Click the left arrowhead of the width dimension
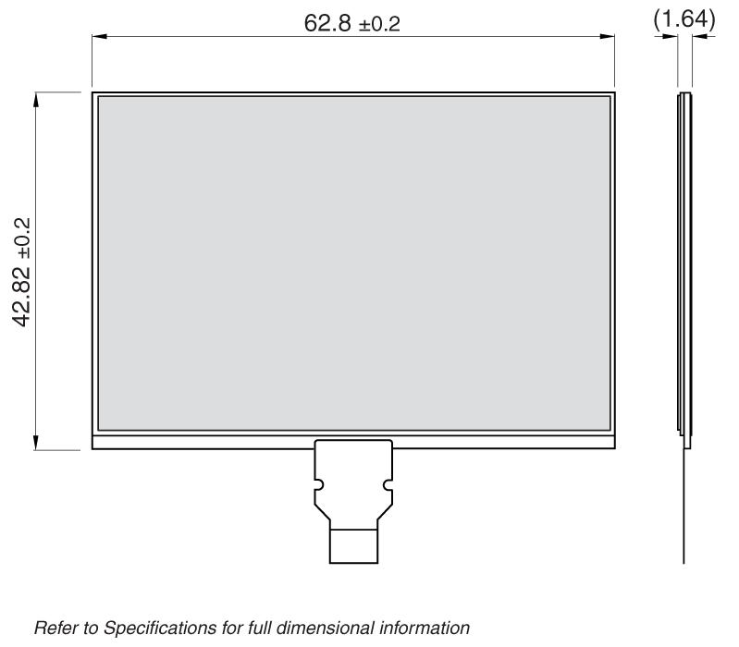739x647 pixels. coord(99,37)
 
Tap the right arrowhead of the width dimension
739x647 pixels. coord(608,37)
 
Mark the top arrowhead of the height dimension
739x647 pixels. coord(36,98)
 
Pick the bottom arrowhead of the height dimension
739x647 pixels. coord(36,444)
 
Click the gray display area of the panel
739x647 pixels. coord(353,262)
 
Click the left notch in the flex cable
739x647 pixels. coord(318,484)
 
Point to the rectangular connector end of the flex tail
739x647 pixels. coord(353,544)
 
